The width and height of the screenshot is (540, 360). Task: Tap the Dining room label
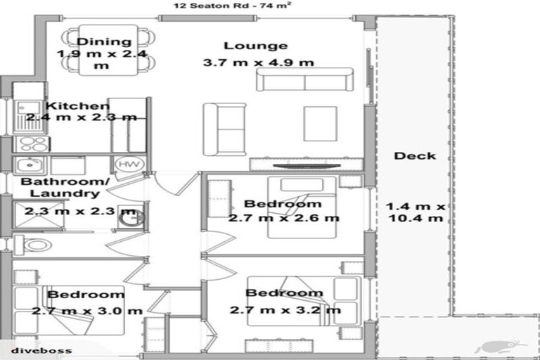104,41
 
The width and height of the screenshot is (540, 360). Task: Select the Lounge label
255,46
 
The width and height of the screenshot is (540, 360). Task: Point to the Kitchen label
78,106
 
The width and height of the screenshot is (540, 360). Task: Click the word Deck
415,155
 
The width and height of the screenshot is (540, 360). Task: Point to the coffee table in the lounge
320,124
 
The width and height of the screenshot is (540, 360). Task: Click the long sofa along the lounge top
304,80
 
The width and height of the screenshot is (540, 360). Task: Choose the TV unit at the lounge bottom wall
307,165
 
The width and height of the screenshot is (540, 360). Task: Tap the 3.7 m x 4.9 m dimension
258,62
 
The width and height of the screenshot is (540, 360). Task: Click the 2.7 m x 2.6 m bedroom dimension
283,218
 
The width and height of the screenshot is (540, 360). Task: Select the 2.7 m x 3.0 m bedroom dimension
86,310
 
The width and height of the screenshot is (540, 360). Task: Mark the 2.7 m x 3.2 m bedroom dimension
285,310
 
